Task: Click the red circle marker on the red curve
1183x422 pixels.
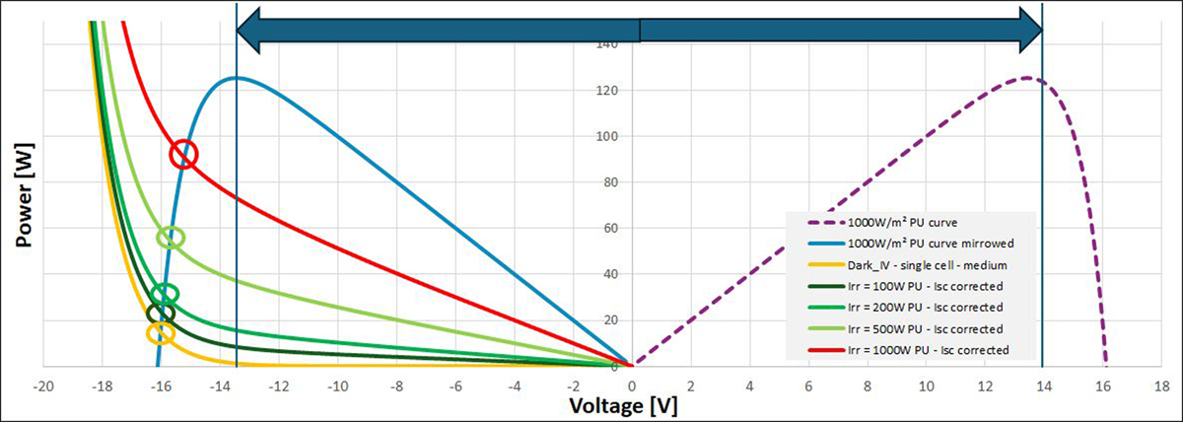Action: click(x=183, y=154)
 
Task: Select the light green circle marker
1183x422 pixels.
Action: click(x=171, y=238)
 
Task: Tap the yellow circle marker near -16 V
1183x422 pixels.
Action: click(x=161, y=332)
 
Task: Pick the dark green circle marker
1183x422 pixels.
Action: click(x=161, y=314)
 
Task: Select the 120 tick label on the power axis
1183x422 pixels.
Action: click(x=612, y=91)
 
